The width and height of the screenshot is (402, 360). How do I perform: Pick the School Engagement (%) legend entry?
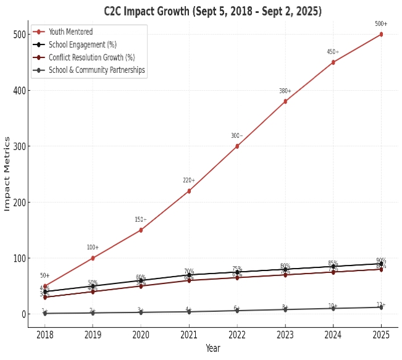(x=82, y=44)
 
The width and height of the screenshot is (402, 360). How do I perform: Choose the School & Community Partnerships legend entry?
(x=96, y=70)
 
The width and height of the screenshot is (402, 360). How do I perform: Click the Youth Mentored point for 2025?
(x=381, y=34)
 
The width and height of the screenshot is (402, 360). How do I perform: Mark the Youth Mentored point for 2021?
(x=189, y=191)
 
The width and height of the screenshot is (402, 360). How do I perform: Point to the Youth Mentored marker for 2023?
(x=285, y=101)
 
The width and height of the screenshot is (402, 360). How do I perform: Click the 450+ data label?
(x=333, y=52)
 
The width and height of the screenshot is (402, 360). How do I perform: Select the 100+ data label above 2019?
(x=93, y=248)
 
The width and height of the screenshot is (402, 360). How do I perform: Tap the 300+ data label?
(x=237, y=136)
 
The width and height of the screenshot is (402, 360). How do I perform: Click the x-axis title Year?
(x=212, y=349)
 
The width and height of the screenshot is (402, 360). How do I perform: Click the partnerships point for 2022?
(x=237, y=311)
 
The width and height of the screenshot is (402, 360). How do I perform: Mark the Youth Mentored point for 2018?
(x=45, y=287)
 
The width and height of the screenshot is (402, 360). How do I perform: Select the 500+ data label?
(x=381, y=24)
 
